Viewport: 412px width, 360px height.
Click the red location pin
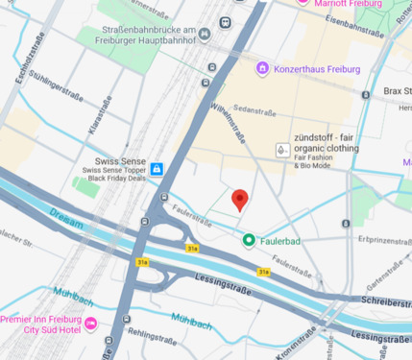[241, 200]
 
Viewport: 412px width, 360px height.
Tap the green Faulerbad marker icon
[249, 240]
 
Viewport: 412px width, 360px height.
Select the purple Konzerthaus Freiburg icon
[262, 69]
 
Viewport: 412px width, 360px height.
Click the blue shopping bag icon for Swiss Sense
[157, 169]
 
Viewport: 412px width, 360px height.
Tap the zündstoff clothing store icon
[281, 150]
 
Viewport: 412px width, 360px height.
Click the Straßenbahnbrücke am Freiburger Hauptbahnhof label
[150, 36]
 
